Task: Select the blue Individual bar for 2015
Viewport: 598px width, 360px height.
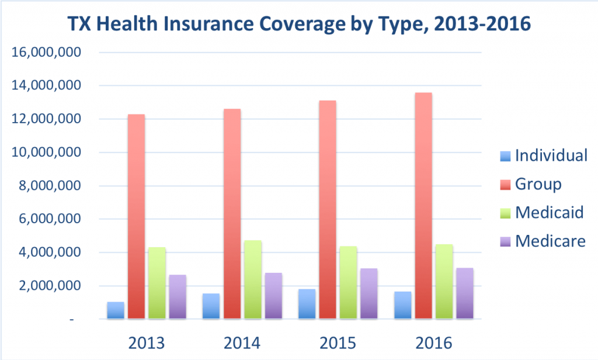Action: point(306,304)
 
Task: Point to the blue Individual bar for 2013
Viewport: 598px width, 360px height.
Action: point(116,310)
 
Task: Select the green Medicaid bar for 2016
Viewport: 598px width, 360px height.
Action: point(444,281)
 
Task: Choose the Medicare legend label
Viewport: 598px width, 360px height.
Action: point(550,240)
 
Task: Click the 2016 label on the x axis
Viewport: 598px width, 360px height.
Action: point(433,342)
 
